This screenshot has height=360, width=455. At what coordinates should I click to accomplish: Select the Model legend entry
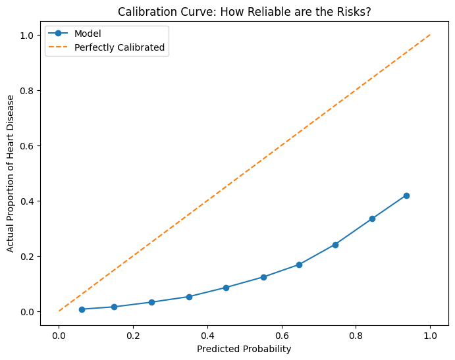(x=88, y=34)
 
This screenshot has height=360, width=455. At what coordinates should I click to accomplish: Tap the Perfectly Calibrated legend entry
(x=119, y=47)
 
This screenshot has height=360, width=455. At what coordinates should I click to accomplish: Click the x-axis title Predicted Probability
(x=244, y=349)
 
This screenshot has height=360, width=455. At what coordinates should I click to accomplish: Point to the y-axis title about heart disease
(x=11, y=174)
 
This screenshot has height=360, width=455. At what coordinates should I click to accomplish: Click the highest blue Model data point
(x=406, y=195)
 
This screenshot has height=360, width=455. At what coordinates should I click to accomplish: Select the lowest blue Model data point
(x=82, y=309)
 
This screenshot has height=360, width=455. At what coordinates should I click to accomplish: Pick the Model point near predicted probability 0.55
(x=263, y=277)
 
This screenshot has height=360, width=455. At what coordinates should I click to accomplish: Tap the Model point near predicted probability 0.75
(x=335, y=245)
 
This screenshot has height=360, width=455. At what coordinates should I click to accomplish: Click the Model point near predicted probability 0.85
(x=372, y=219)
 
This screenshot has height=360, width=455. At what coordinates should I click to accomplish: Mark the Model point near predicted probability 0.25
(x=151, y=302)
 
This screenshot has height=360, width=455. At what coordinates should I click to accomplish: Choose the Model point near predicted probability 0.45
(x=226, y=288)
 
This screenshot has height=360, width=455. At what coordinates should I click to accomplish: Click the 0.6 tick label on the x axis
(x=282, y=334)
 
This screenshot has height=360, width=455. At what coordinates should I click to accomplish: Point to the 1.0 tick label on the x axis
(x=430, y=334)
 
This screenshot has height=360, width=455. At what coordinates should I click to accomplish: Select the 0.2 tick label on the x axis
(x=133, y=334)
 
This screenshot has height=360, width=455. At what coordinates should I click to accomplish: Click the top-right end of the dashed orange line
(x=430, y=35)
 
